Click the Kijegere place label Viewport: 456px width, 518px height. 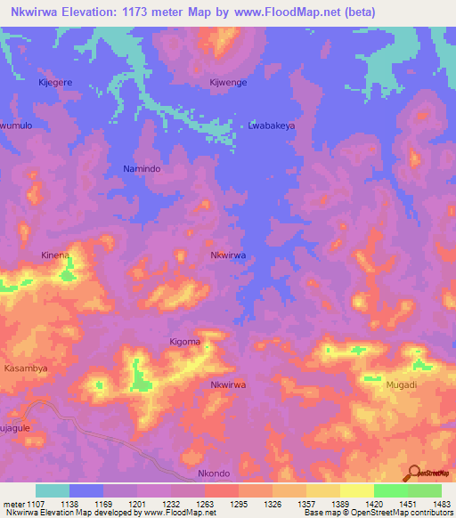tap(55, 82)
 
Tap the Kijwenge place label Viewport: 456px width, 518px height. tap(227, 82)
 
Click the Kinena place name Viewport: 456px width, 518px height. tap(55, 255)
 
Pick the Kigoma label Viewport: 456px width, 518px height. tap(185, 342)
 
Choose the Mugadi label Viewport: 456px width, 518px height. tap(401, 385)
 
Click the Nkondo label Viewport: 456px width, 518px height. tap(214, 473)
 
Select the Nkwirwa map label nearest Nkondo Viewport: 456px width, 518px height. tap(227, 385)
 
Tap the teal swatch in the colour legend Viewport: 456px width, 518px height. tap(53, 490)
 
